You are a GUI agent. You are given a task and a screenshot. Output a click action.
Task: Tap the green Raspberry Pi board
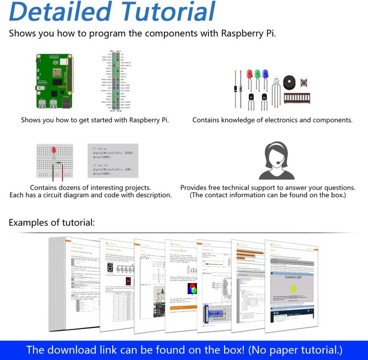(x=54, y=81)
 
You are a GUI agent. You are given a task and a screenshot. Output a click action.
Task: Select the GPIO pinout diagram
(x=115, y=80)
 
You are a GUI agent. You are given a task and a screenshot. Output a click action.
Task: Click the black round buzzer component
(x=289, y=81)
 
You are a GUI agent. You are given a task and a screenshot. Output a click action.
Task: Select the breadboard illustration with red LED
(x=55, y=160)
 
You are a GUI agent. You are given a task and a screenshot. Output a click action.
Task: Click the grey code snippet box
(x=113, y=160)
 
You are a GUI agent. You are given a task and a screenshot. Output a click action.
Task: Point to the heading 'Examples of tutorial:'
(x=52, y=223)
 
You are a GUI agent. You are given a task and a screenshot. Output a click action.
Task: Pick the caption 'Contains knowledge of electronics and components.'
(x=272, y=120)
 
